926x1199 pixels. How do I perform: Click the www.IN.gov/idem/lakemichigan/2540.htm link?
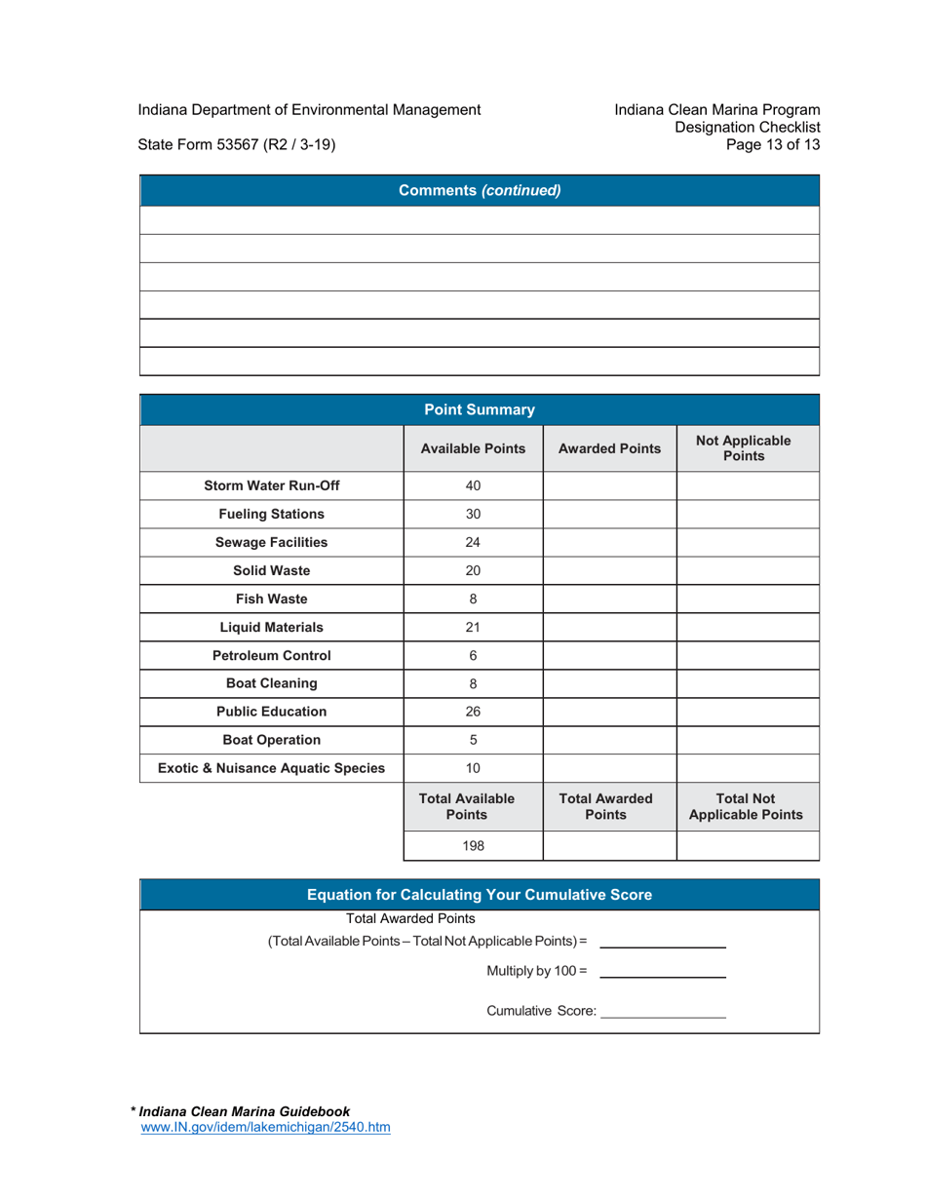(x=266, y=1127)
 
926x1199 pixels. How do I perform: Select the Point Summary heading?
(x=480, y=409)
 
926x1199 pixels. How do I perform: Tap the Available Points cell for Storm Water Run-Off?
(x=473, y=485)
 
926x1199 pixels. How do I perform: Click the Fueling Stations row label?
(x=271, y=514)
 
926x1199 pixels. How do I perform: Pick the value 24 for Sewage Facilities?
(x=473, y=542)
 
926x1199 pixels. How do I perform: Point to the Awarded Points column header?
(x=609, y=448)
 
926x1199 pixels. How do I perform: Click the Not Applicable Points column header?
(x=748, y=448)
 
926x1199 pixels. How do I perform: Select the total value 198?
(x=473, y=846)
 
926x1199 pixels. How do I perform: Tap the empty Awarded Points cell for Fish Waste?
(x=609, y=599)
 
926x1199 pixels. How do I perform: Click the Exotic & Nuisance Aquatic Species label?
(x=271, y=768)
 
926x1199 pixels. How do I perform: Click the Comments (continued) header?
(x=480, y=191)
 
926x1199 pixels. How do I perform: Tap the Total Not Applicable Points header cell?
(x=748, y=806)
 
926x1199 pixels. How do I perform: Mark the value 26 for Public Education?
(x=473, y=712)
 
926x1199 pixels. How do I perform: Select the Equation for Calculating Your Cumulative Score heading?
(x=480, y=894)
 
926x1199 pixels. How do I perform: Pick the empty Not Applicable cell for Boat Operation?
(x=748, y=740)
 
